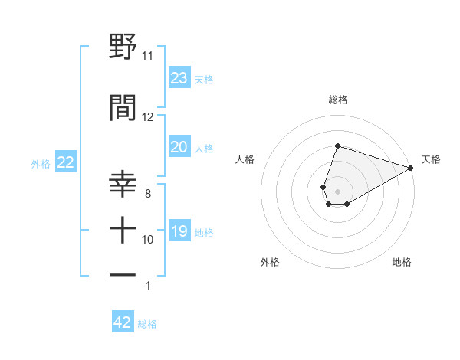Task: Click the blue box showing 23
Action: [x=179, y=78]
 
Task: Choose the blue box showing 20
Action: [x=179, y=147]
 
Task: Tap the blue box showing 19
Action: [x=179, y=231]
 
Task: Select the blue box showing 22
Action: [x=65, y=162]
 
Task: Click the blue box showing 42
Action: [x=123, y=322]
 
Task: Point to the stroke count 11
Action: [x=147, y=56]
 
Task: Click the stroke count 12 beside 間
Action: [x=147, y=117]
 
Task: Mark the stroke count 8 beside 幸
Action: [x=148, y=194]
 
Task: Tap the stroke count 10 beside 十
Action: [x=147, y=240]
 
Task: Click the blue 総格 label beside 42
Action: [x=147, y=324]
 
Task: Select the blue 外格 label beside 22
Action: [x=41, y=163]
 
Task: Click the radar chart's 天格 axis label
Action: [x=431, y=159]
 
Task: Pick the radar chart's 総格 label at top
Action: [x=337, y=100]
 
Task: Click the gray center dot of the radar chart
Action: [x=337, y=190]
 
